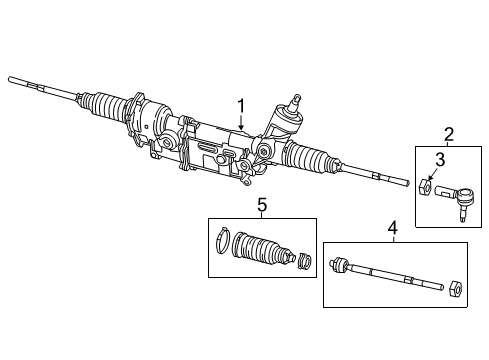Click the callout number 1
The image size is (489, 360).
tap(240, 105)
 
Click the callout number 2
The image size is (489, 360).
tap(450, 134)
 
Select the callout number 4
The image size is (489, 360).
tap(393, 228)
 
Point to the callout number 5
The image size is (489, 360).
tap(262, 204)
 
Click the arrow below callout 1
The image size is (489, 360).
tap(240, 124)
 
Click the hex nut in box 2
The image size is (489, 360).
tap(427, 186)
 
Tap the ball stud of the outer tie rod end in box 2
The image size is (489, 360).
tap(466, 206)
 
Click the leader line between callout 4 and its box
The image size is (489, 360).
tap(393, 238)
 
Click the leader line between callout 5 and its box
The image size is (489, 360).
tap(262, 214)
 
